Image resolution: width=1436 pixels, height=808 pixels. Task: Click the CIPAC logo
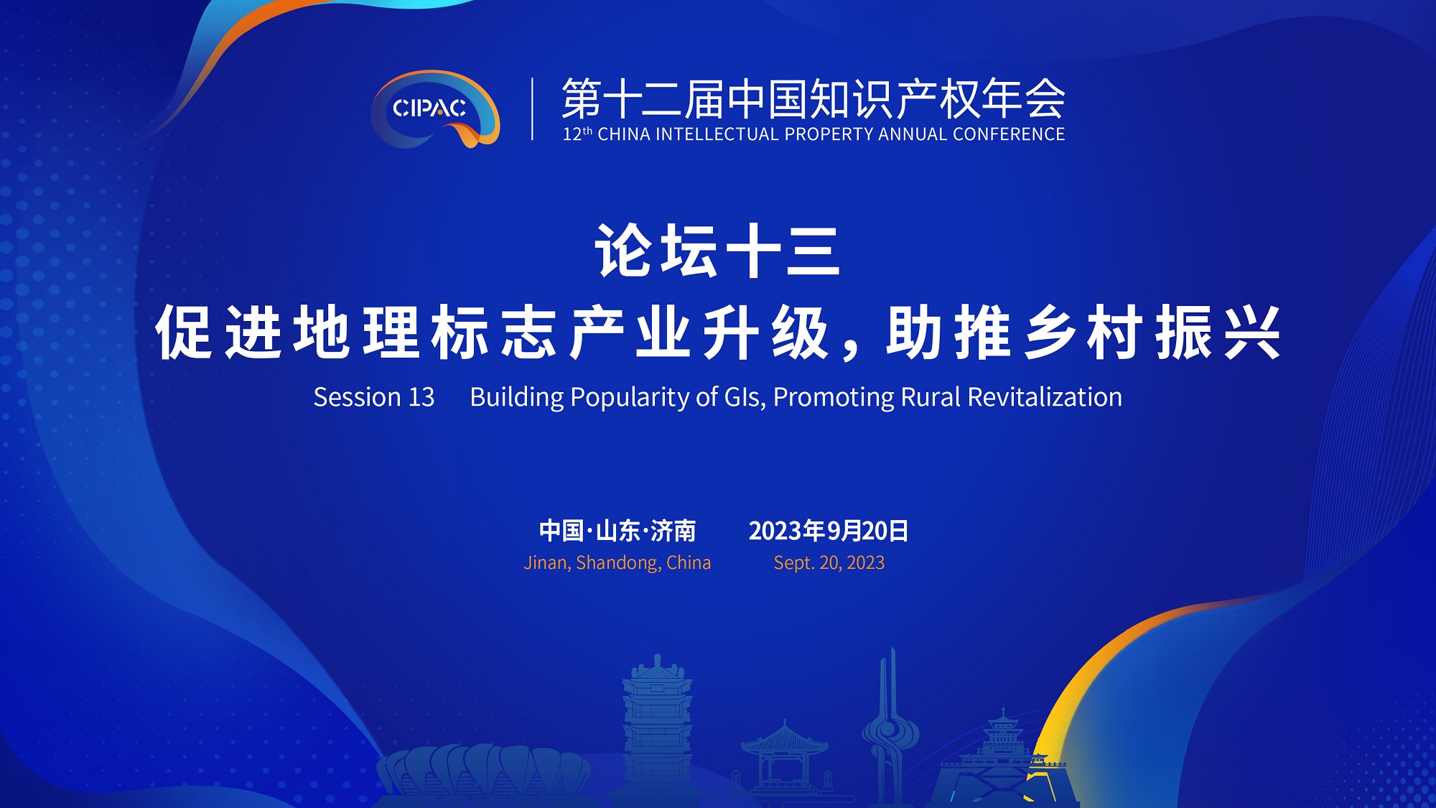pos(435,109)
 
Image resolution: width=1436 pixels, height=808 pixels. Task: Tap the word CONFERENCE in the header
pos(1009,134)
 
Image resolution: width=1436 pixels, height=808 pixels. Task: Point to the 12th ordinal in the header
pos(577,134)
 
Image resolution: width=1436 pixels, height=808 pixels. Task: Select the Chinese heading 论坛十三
pos(717,251)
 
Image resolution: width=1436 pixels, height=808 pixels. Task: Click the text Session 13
pos(374,397)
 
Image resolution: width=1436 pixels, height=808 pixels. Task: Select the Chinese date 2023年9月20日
pos(829,531)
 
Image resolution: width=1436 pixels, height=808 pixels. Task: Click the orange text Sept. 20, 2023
pos(829,563)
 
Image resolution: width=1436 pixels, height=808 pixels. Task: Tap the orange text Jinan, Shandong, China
pos(617,563)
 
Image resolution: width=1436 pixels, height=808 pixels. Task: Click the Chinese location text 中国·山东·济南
pos(617,531)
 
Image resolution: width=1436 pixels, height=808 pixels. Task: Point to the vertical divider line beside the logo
pos(532,108)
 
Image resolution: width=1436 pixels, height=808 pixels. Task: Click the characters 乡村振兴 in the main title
pos(1153,333)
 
